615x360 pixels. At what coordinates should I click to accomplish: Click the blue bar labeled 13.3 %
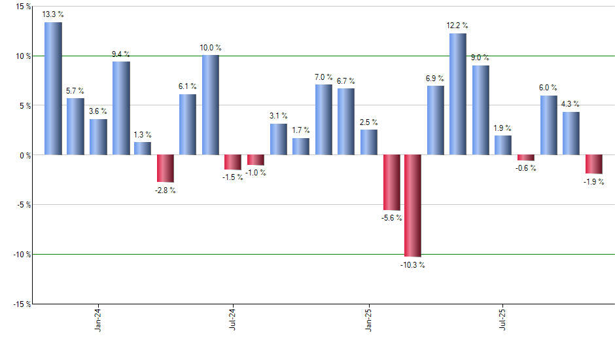(x=53, y=88)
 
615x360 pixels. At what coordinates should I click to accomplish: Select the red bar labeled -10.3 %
(x=413, y=206)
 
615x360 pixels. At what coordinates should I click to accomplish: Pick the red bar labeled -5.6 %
(x=391, y=182)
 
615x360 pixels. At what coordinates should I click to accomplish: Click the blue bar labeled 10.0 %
(x=210, y=105)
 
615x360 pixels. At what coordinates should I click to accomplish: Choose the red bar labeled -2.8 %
(x=166, y=168)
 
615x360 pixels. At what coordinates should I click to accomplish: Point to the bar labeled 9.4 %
(x=121, y=108)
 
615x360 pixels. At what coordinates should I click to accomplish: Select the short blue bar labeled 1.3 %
(x=143, y=149)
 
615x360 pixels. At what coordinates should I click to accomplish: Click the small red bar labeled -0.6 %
(x=525, y=158)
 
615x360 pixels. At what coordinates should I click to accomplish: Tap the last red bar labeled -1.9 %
(x=593, y=164)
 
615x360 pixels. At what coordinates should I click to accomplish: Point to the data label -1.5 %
(x=232, y=177)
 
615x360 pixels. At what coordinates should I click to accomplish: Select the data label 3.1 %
(x=278, y=116)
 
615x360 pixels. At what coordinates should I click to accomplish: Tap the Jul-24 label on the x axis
(x=233, y=320)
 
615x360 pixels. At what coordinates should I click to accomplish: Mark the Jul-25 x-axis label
(x=502, y=320)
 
